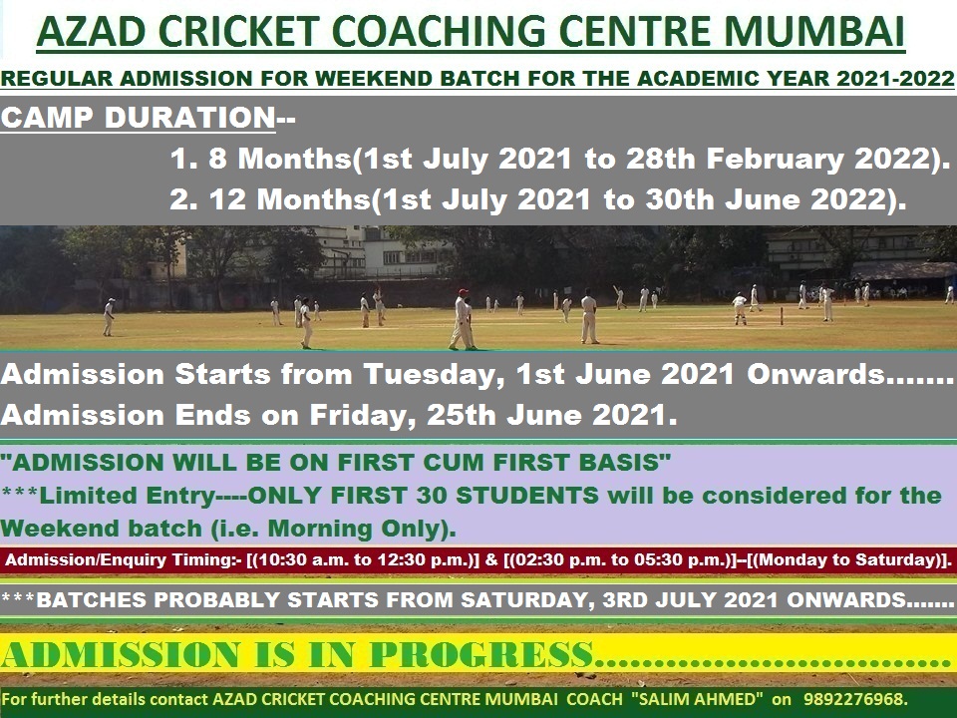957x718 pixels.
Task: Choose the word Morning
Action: coord(264,527)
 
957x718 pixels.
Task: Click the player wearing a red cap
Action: coord(462,318)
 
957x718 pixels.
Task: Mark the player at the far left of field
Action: coord(109,316)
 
